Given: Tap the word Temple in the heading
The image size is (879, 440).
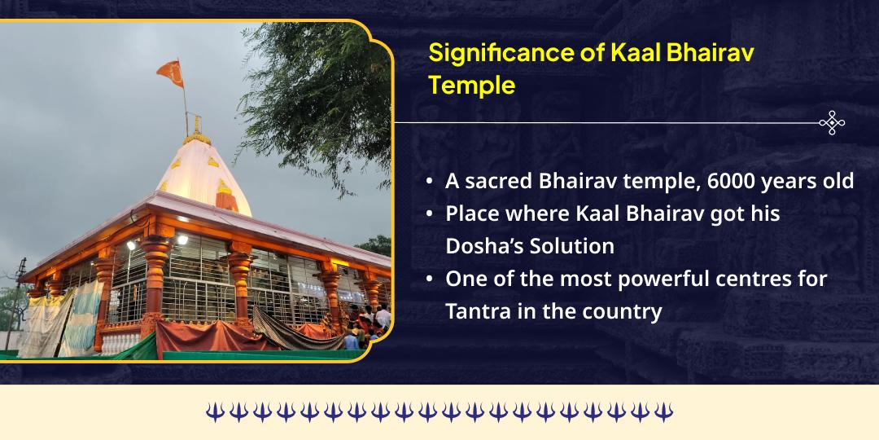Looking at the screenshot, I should coord(472,85).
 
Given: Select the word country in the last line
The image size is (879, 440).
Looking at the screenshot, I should coord(622,310).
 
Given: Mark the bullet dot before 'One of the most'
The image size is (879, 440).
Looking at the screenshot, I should coord(429,279).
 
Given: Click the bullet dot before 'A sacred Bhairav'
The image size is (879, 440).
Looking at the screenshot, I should coord(429,181).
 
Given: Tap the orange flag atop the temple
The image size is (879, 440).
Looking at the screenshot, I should coord(170,73).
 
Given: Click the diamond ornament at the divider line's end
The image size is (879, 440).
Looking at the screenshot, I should coord(832,123).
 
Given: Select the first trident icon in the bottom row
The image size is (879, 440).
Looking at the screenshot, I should coord(214,412).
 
